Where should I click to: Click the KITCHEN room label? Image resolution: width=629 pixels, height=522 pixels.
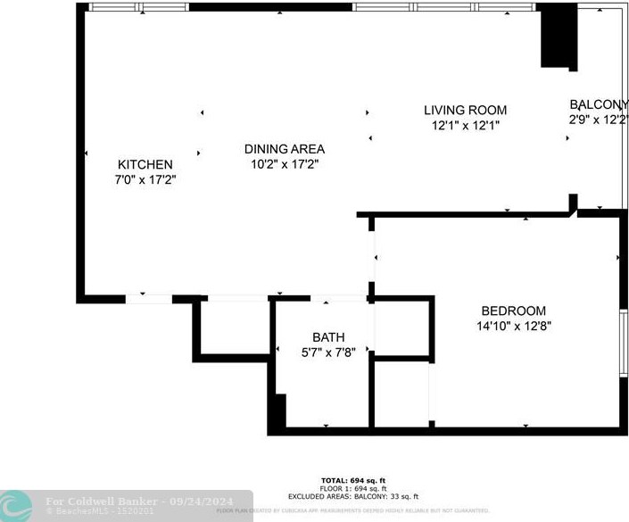pyautogui.click(x=145, y=164)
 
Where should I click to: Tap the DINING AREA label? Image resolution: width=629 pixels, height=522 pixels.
pyautogui.click(x=285, y=149)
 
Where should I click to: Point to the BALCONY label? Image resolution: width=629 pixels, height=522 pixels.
pyautogui.click(x=599, y=104)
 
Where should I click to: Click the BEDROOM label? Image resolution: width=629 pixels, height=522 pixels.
pyautogui.click(x=513, y=311)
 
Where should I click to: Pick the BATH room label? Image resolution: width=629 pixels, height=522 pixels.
pyautogui.click(x=328, y=337)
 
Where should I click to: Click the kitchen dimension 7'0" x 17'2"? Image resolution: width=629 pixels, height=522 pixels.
pyautogui.click(x=145, y=179)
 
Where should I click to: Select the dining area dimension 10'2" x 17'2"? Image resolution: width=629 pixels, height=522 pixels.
pyautogui.click(x=285, y=164)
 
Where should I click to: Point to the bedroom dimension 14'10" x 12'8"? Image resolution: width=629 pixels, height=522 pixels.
pyautogui.click(x=513, y=326)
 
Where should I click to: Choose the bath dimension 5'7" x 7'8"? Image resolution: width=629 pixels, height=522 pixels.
pyautogui.click(x=328, y=352)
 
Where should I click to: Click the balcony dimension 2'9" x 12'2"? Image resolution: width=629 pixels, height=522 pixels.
pyautogui.click(x=599, y=119)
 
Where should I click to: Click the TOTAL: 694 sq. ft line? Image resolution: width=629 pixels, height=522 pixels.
pyautogui.click(x=353, y=480)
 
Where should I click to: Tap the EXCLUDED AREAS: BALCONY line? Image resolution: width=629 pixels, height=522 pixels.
pyautogui.click(x=353, y=496)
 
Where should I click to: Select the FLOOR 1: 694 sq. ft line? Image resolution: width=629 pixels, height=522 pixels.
pyautogui.click(x=353, y=488)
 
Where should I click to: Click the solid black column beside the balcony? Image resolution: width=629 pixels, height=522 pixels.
pyautogui.click(x=559, y=36)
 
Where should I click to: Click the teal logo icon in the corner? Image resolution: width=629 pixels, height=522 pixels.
pyautogui.click(x=16, y=505)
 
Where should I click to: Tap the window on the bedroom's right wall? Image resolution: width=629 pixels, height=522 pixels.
pyautogui.click(x=624, y=344)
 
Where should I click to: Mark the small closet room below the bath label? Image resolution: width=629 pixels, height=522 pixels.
pyautogui.click(x=401, y=393)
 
